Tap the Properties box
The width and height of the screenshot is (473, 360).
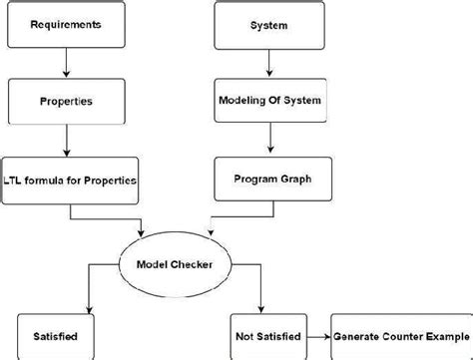click(x=67, y=101)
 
